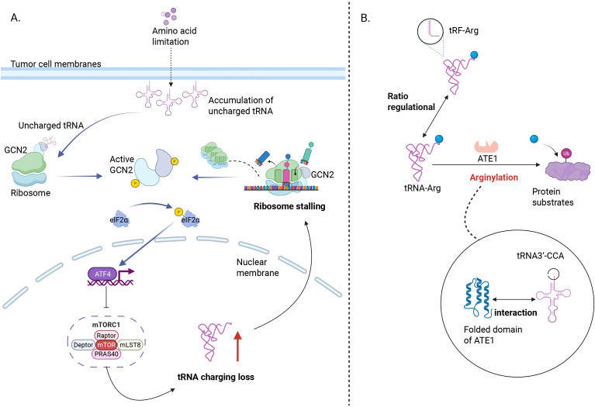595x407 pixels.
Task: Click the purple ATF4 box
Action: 102,274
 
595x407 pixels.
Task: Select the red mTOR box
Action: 106,345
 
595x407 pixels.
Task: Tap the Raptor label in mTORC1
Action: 106,336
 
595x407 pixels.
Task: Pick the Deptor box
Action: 84,345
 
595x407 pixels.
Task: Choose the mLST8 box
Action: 130,345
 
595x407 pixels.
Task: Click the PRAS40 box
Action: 106,354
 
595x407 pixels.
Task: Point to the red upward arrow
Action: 237,346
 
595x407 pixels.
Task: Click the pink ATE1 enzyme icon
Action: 486,147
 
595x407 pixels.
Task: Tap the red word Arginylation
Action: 493,178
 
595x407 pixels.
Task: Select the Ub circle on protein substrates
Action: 566,153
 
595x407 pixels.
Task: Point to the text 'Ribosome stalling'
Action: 289,206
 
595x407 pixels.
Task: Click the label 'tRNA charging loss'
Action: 216,377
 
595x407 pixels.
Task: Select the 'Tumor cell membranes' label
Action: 56,64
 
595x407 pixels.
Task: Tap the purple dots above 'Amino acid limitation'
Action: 169,14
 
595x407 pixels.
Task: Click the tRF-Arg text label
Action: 464,30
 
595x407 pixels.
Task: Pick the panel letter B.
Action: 365,18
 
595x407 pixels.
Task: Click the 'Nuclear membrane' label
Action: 258,267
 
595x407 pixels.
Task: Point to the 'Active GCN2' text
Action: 122,164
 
